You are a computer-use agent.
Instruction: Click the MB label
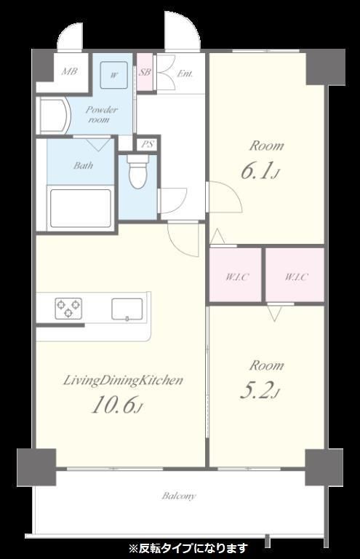[69, 71]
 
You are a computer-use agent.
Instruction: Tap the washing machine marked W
[114, 75]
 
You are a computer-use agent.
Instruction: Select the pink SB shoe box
[145, 72]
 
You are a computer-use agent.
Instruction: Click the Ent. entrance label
[185, 74]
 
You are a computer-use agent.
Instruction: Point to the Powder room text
[101, 114]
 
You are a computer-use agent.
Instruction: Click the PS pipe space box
[148, 144]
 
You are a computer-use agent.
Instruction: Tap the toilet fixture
[137, 171]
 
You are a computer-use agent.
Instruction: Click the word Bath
[84, 165]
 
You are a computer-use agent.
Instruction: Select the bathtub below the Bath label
[81, 209]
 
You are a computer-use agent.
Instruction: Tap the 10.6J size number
[118, 405]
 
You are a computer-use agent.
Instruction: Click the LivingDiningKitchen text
[123, 381]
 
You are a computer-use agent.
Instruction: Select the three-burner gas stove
[68, 308]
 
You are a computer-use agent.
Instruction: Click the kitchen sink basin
[127, 309]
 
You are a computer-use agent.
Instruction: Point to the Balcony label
[179, 496]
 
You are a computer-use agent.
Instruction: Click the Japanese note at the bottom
[188, 547]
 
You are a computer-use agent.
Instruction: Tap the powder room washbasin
[53, 116]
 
